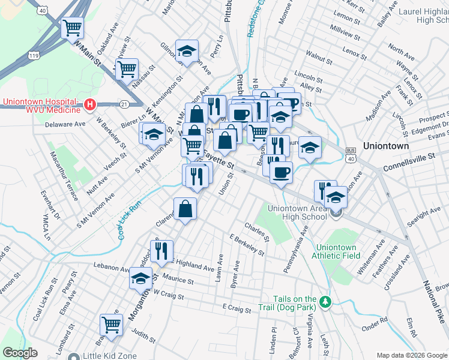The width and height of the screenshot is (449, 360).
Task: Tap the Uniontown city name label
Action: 385,146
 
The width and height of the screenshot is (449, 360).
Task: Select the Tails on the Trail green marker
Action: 325,300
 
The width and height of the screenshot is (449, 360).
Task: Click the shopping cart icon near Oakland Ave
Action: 72,28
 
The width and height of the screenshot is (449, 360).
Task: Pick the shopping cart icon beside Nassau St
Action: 127,69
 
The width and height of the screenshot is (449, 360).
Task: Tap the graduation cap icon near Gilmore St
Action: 187,50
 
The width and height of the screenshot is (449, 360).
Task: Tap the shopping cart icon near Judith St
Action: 111,325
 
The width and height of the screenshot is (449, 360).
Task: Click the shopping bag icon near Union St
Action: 185,209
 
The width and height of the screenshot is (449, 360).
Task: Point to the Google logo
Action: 20,353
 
